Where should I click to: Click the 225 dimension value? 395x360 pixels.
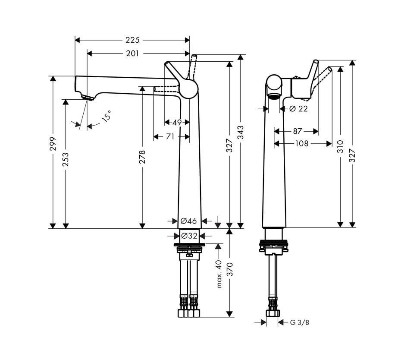(132, 40)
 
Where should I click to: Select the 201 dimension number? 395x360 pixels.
(132, 54)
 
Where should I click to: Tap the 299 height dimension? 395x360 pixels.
(53, 143)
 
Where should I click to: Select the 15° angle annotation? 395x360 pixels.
(107, 116)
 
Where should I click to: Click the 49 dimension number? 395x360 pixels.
(177, 123)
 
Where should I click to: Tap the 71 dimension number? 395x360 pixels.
(170, 136)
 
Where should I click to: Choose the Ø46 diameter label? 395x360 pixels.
(189, 221)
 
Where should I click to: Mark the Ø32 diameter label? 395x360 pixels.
(189, 236)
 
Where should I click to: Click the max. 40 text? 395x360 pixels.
(219, 274)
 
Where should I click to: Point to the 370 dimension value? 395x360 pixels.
(229, 269)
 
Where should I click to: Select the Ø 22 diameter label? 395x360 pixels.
(298, 109)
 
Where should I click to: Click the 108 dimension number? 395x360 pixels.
(302, 143)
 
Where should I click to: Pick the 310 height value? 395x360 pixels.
(340, 148)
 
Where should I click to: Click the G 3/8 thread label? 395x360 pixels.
(299, 322)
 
